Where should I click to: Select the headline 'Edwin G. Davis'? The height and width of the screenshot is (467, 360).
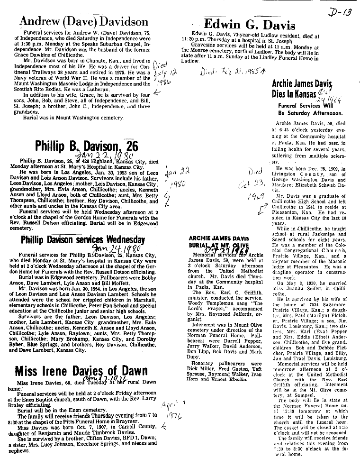249,24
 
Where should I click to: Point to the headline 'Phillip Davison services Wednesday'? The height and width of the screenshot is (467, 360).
82,240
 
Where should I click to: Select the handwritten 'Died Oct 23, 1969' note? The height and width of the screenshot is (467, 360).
260,183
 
